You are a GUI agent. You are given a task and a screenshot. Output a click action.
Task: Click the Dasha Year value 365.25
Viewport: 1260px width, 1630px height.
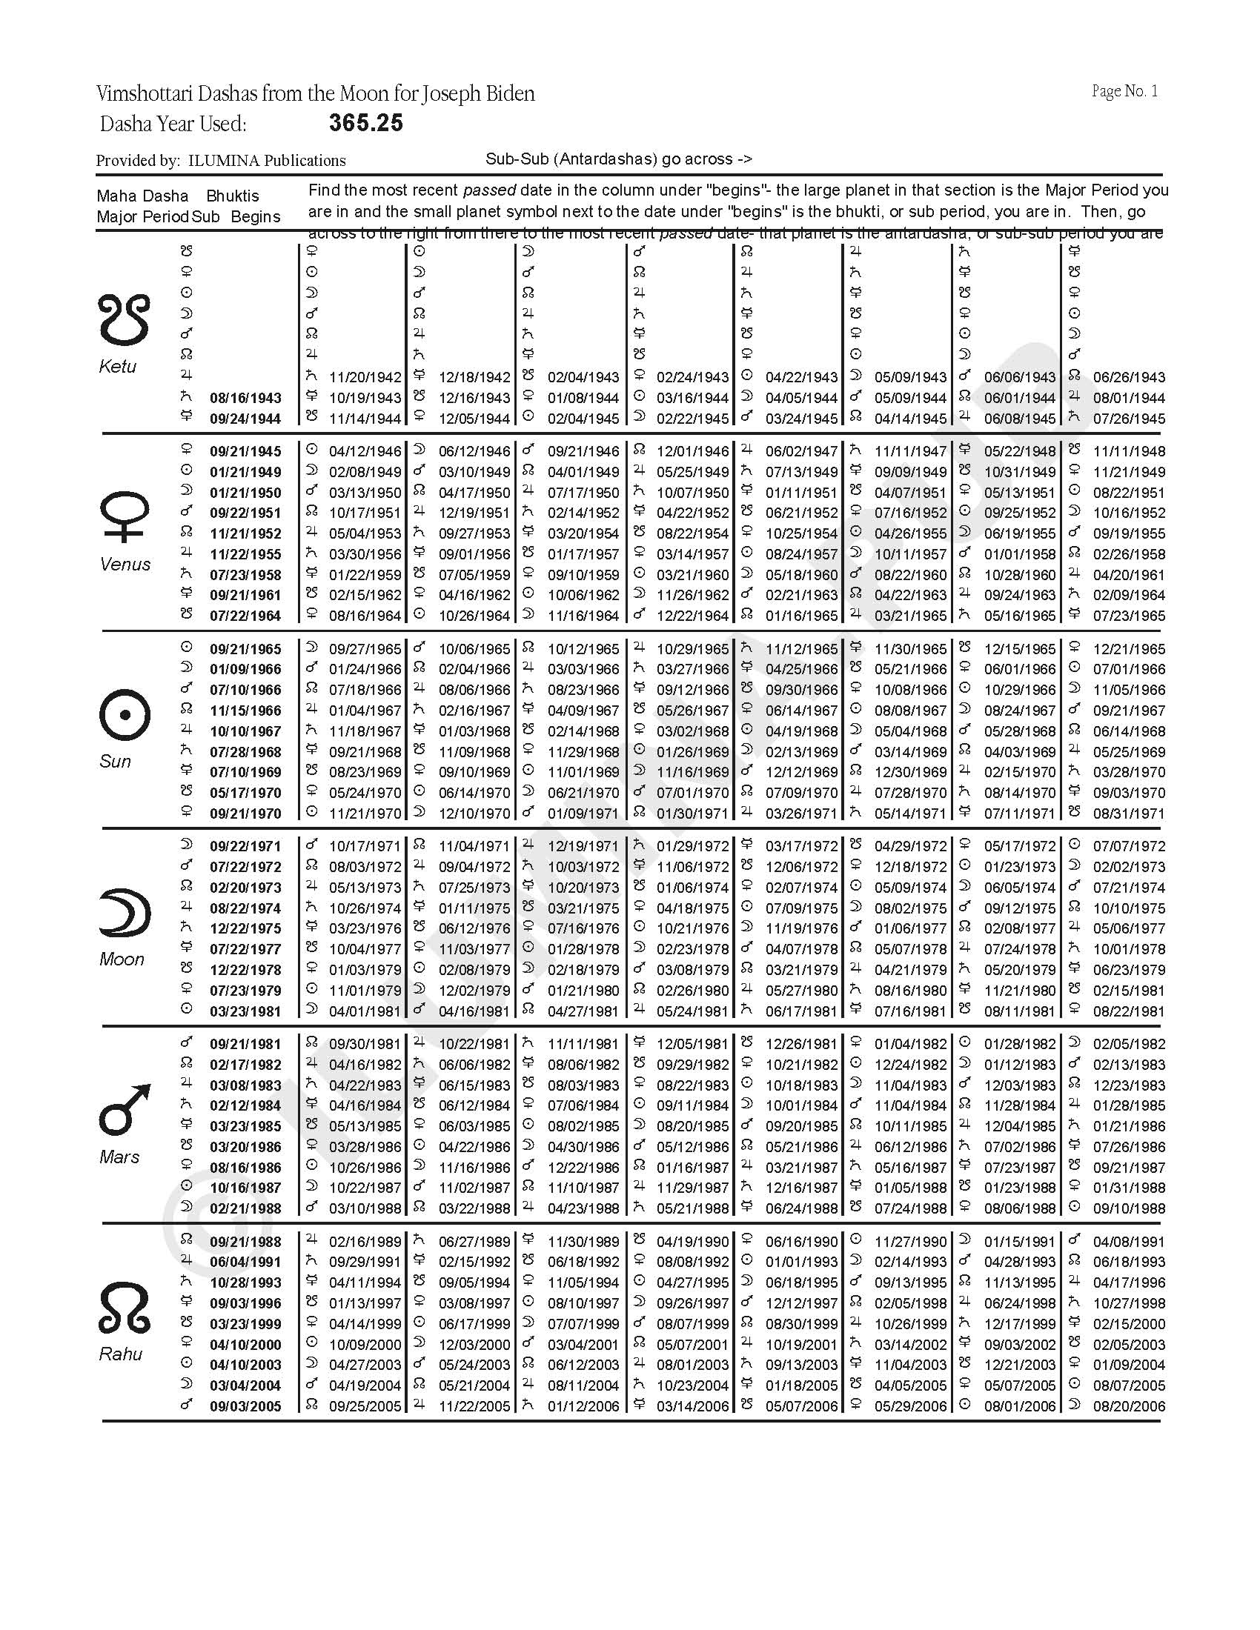(365, 123)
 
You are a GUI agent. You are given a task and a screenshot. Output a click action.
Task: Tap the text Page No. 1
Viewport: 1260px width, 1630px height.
(1124, 91)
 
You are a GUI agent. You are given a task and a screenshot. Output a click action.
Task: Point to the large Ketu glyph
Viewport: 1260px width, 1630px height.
(124, 320)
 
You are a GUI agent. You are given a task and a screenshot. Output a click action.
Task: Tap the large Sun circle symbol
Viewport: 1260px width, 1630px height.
(125, 714)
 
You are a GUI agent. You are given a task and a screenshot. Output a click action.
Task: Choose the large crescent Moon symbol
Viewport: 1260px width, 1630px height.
(125, 912)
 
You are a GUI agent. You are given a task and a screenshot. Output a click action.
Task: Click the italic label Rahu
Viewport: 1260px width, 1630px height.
(121, 1354)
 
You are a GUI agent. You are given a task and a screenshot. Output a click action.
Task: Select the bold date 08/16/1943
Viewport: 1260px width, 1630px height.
(245, 399)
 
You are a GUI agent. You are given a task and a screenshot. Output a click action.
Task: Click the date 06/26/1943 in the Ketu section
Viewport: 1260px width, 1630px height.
(1129, 378)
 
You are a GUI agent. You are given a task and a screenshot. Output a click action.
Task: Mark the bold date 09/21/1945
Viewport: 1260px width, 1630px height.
(245, 451)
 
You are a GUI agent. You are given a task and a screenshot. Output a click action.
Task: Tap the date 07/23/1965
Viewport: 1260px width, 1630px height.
(1129, 616)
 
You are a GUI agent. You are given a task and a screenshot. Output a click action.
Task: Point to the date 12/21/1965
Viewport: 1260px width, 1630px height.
(1129, 649)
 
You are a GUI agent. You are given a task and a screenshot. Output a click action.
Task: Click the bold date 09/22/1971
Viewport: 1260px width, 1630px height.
(245, 847)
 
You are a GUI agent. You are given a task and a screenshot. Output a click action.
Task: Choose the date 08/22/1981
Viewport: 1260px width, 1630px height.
(1129, 1012)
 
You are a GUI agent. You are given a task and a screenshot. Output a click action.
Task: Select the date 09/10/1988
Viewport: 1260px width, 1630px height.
(1129, 1209)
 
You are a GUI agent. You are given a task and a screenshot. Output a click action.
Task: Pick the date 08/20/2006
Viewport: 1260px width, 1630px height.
(1129, 1407)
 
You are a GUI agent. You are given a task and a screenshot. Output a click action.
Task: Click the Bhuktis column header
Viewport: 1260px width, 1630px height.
(233, 196)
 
